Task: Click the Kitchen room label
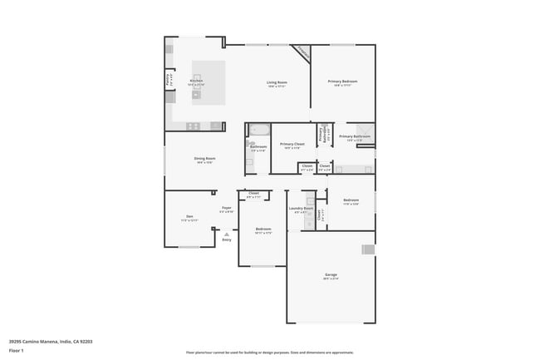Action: click(x=195, y=81)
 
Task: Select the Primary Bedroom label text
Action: click(x=341, y=81)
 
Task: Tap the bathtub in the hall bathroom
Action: click(x=258, y=131)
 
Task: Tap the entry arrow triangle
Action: click(x=226, y=234)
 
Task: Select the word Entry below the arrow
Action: click(x=226, y=240)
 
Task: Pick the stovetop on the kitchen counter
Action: click(x=193, y=126)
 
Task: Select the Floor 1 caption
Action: click(x=17, y=350)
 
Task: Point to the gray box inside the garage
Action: click(x=367, y=249)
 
